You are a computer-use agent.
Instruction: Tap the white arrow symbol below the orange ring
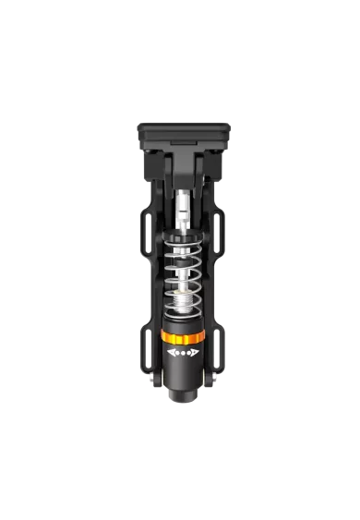(x=180, y=351)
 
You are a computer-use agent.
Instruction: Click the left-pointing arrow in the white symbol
(x=171, y=351)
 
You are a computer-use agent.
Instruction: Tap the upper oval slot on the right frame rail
(x=222, y=236)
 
